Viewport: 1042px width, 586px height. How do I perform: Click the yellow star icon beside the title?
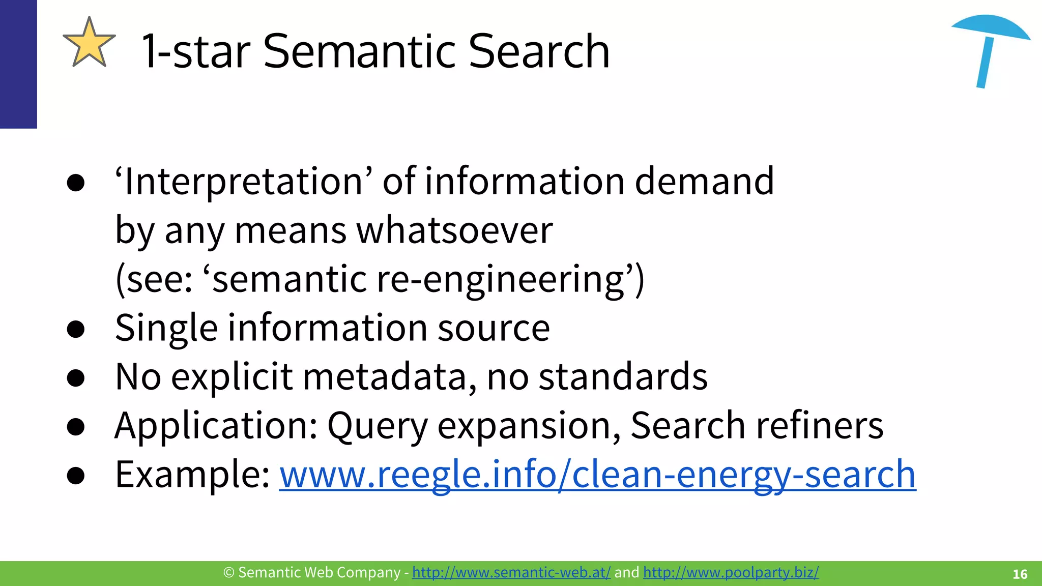89,43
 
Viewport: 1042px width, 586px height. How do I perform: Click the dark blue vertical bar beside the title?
18,64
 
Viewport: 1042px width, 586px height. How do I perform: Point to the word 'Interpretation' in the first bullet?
243,182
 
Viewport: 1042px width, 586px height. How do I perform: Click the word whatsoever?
454,230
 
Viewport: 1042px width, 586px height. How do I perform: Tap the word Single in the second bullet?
166,328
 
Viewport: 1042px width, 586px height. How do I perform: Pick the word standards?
623,377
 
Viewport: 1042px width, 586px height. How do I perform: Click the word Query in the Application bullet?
378,426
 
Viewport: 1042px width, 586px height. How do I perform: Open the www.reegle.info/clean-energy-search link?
597,475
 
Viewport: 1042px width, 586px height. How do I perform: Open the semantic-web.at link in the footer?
511,573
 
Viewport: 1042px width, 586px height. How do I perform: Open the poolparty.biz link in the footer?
731,573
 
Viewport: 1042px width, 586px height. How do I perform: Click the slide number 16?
1020,574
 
